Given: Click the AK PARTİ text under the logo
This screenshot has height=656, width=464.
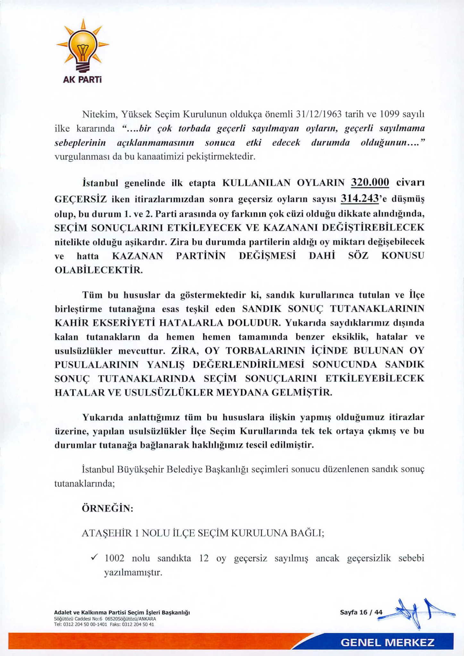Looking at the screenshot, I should point(82,79).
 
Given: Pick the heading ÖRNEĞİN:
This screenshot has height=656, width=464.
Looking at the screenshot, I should point(108,508).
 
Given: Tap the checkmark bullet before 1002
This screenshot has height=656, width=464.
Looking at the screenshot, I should point(95,558).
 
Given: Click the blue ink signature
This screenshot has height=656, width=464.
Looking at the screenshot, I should point(417,613).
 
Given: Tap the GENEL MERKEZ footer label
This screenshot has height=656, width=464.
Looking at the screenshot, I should point(387,643).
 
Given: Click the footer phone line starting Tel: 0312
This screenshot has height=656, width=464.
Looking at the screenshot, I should point(104,624).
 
